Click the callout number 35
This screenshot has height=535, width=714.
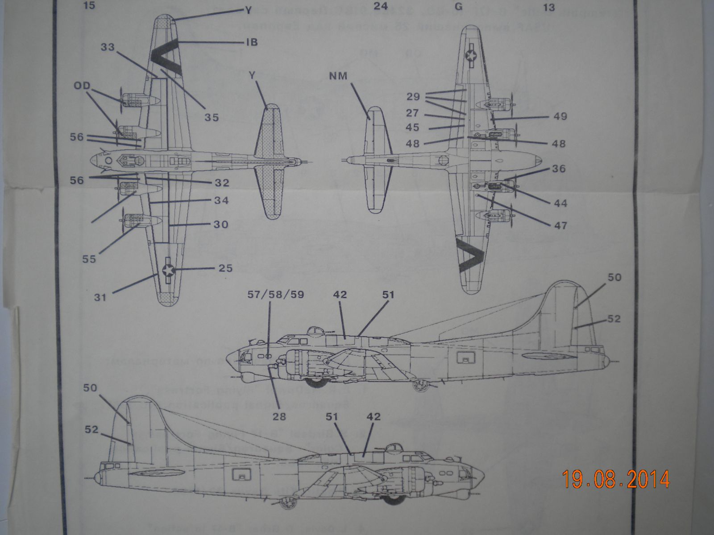point(212,117)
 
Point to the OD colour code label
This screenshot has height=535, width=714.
point(83,86)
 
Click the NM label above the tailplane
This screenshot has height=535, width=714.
point(338,76)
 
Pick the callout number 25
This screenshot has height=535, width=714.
point(226,268)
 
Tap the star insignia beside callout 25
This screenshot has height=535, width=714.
point(168,269)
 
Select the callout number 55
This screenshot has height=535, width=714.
point(89,259)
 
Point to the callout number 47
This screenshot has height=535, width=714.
point(560,225)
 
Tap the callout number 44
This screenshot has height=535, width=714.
point(560,203)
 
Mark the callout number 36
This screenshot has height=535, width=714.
point(559,169)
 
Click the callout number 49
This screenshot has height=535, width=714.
point(560,116)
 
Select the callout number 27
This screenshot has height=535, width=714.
point(412,113)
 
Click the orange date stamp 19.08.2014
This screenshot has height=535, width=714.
point(616,479)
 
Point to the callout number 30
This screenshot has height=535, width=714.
point(221,224)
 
